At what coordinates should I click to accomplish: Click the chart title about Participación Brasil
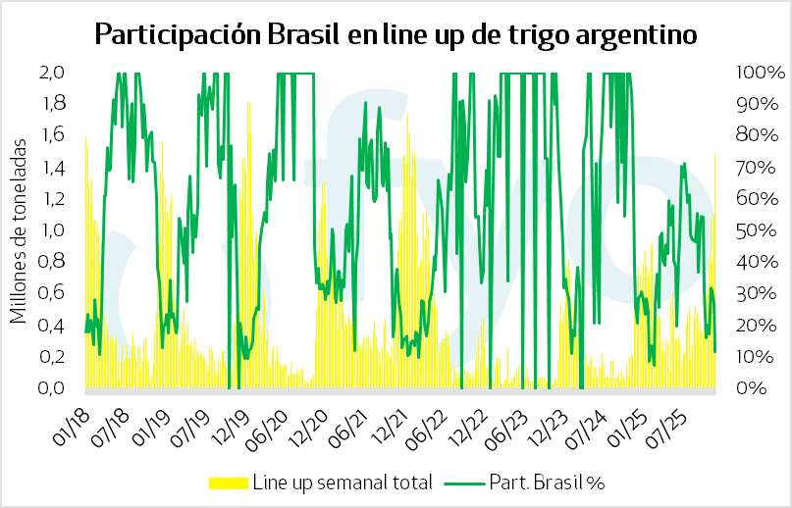click(396, 35)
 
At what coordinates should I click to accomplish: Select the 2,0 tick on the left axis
click(52, 73)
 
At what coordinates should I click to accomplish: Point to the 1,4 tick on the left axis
click(52, 168)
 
